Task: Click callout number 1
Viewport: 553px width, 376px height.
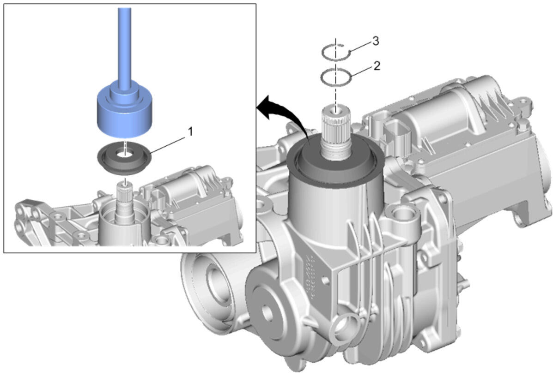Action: coord(190,132)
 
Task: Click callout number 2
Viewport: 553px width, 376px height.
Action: coord(377,66)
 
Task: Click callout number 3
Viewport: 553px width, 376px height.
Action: coord(376,41)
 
